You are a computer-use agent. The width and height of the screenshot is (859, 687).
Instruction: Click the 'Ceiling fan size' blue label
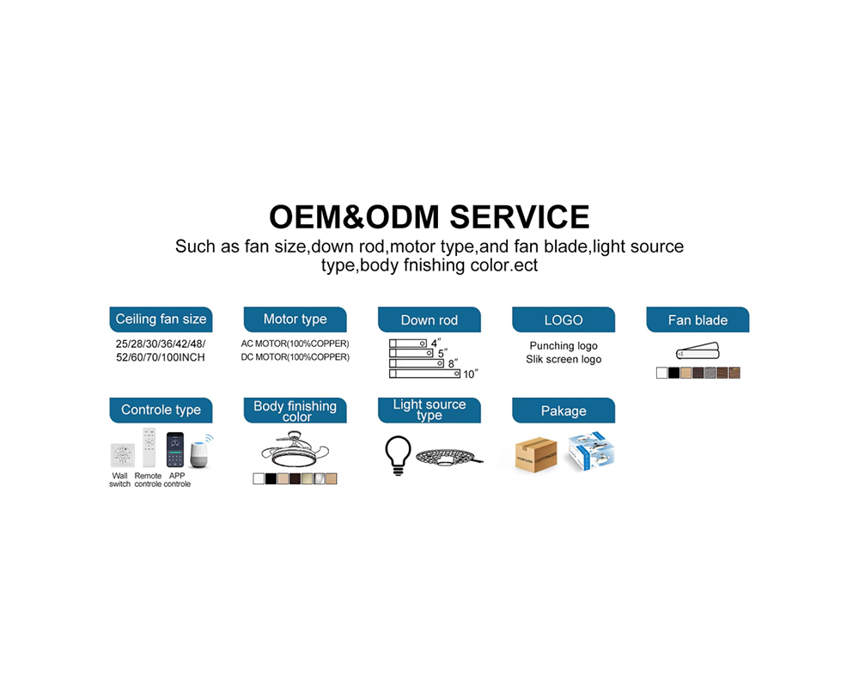click(161, 319)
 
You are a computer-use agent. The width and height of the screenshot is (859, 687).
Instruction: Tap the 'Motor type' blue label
click(295, 319)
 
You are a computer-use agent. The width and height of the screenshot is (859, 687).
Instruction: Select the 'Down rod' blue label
click(429, 319)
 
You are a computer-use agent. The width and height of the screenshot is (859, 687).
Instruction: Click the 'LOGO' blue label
click(564, 319)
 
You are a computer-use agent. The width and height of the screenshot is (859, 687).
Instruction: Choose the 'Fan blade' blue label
click(698, 319)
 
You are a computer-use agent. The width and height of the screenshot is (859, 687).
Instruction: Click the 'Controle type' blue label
click(161, 410)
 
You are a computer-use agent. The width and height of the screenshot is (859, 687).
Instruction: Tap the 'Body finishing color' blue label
click(295, 410)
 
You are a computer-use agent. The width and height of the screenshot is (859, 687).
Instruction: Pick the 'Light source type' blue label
click(429, 410)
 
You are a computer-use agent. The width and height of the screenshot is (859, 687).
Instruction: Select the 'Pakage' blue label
click(564, 410)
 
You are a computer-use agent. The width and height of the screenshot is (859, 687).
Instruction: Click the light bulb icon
click(399, 455)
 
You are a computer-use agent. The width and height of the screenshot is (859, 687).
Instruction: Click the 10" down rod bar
click(424, 374)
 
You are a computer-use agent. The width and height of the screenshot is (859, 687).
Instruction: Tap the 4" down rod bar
click(407, 343)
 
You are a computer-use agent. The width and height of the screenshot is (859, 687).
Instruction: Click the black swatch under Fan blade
click(673, 373)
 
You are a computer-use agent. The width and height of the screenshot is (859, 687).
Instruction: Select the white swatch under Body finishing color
click(259, 479)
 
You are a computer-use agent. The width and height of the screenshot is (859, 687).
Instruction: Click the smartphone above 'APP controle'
click(174, 449)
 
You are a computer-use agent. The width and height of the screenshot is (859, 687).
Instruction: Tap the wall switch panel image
click(122, 455)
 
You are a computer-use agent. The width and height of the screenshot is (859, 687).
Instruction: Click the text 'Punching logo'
click(564, 346)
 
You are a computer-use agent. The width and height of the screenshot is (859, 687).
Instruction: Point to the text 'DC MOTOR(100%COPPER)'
click(295, 357)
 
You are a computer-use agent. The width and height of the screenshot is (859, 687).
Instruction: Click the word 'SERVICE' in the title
click(520, 217)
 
